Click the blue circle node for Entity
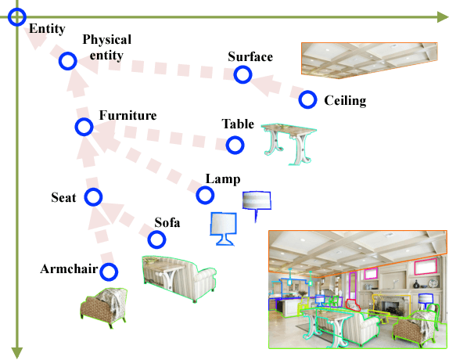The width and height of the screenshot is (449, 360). point(17,16)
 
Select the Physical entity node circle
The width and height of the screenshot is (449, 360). point(67,60)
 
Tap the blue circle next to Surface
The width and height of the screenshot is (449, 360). point(242,74)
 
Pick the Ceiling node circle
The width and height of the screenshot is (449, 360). point(307,100)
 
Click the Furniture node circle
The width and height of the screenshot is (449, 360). point(83,127)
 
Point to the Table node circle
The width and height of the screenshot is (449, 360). point(234,145)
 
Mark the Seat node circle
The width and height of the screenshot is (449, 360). point(93,196)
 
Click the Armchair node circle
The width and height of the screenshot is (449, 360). point(109,272)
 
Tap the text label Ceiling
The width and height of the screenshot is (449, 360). point(344,101)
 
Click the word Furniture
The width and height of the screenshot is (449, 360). point(128,115)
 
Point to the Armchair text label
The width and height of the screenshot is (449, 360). point(69,270)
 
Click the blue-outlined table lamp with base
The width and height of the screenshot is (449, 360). point(223,228)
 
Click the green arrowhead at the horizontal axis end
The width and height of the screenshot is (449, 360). point(442,16)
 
